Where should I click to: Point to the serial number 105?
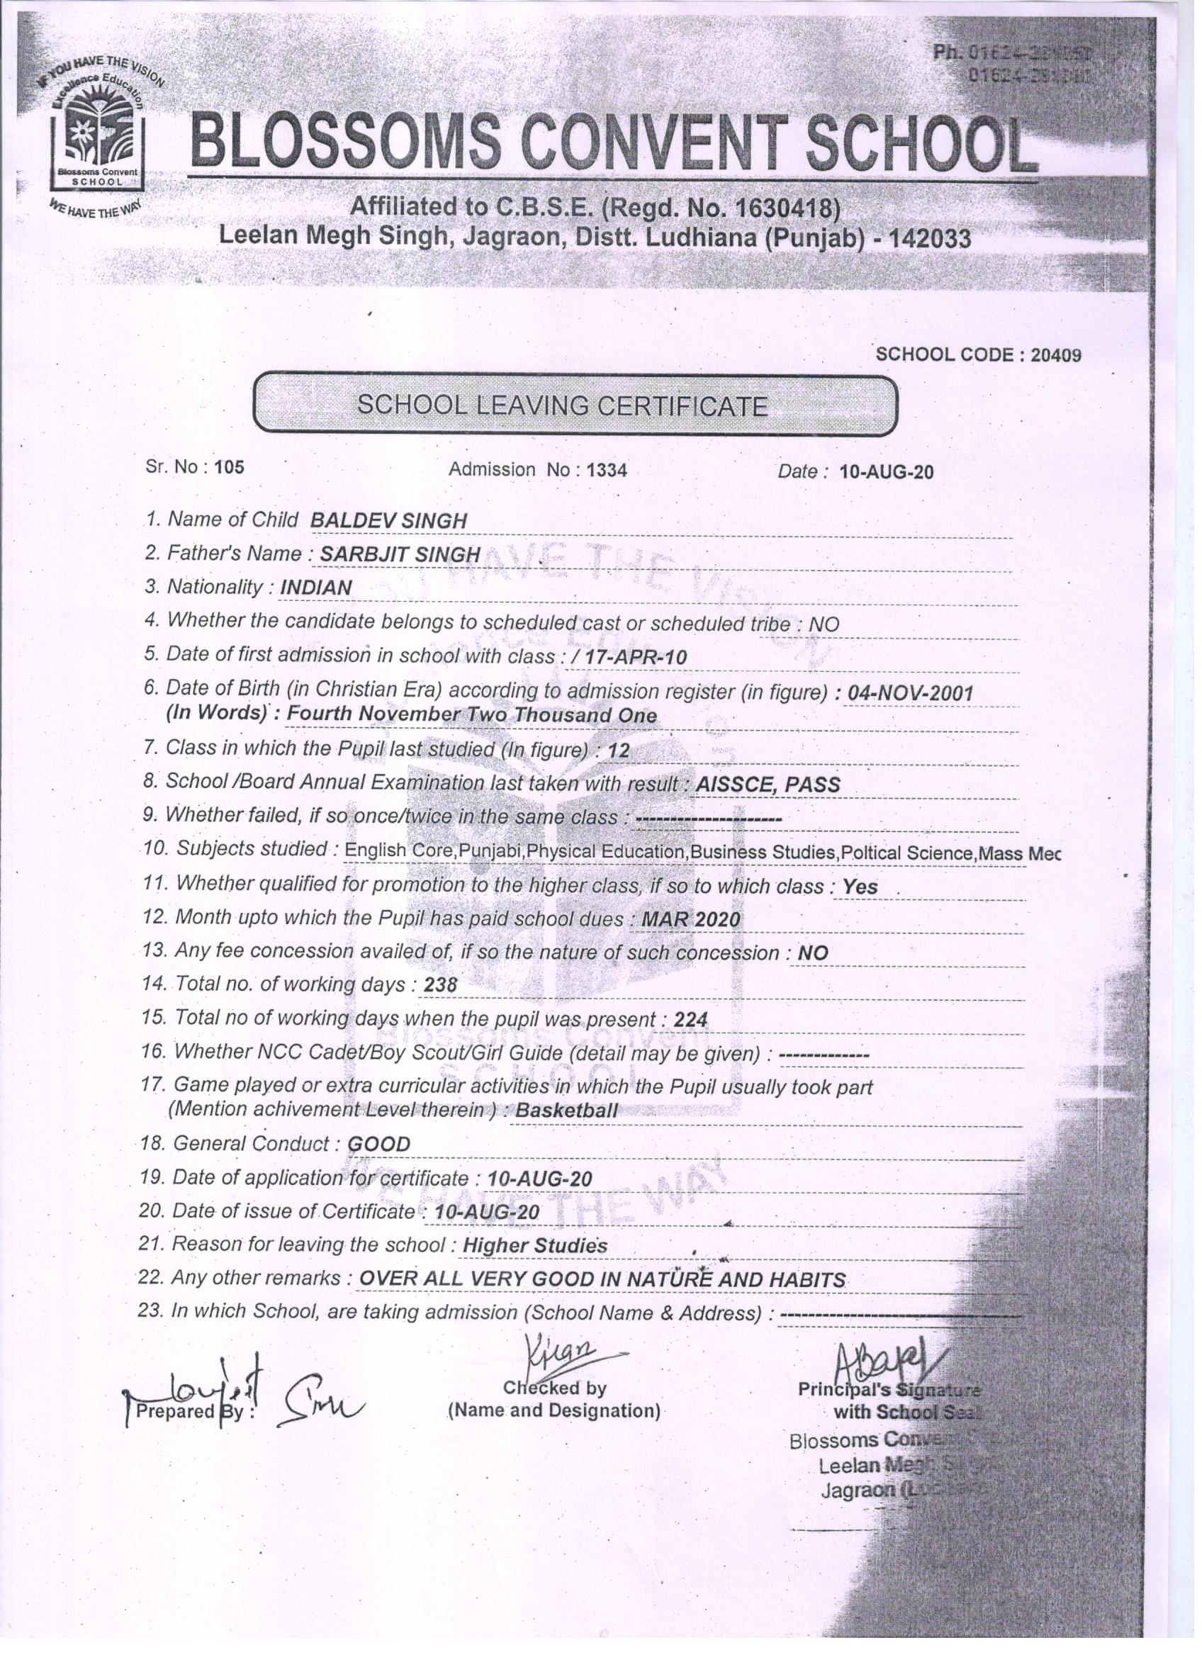point(230,468)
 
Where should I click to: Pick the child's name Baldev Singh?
point(388,521)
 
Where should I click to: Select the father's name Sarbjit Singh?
point(400,555)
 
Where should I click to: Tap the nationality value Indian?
point(315,588)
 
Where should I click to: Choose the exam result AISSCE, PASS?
point(768,785)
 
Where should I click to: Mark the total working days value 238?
point(441,986)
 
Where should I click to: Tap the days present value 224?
point(690,1019)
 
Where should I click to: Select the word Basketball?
point(566,1111)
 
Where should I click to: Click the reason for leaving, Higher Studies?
point(535,1246)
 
